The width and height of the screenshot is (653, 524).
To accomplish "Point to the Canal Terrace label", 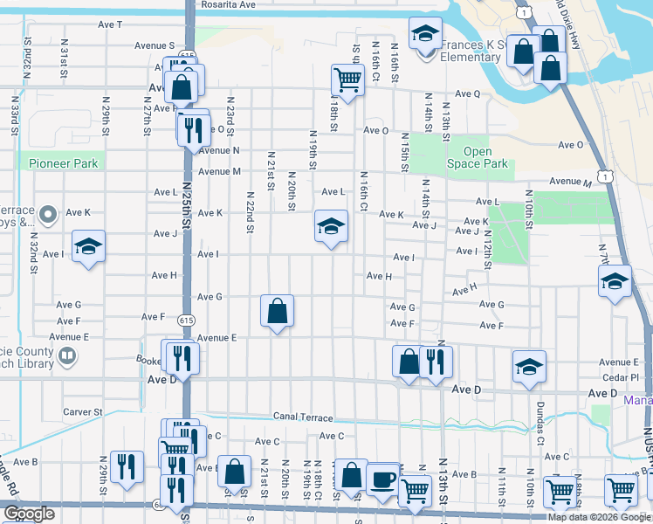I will click(303, 417).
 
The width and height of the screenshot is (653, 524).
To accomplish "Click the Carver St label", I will click(83, 411).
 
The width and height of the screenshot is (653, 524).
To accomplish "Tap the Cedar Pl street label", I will click(622, 378).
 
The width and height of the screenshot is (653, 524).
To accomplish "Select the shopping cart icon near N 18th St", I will click(347, 80).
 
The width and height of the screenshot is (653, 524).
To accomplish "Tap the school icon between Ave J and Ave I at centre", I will click(331, 227).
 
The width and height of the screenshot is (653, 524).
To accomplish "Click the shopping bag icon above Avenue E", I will click(277, 311).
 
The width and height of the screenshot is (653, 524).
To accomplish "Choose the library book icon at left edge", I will click(66, 356).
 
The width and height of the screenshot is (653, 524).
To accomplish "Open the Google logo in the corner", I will click(29, 514).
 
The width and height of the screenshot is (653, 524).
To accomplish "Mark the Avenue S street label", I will click(155, 45).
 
